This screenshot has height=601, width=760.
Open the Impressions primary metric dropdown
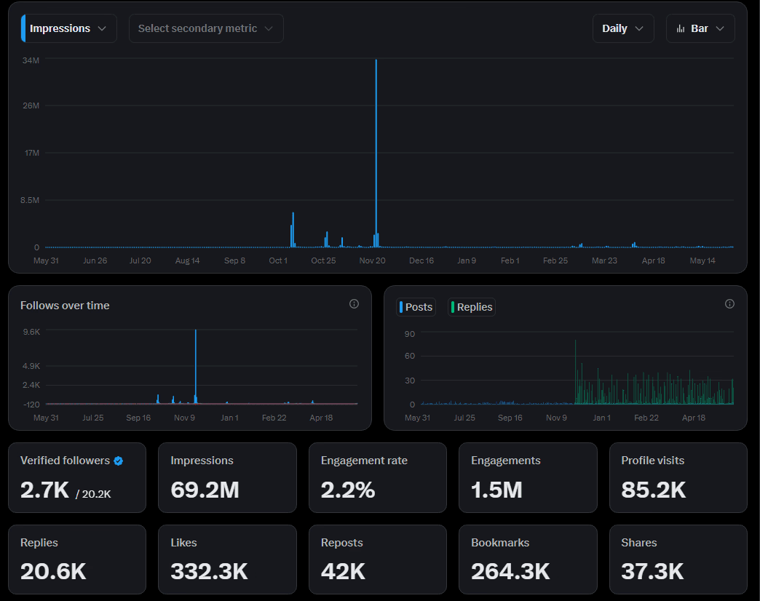(x=69, y=28)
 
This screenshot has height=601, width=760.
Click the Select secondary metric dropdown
(x=206, y=28)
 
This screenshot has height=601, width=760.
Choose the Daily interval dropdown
(x=623, y=28)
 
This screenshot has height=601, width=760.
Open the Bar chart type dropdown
(x=700, y=28)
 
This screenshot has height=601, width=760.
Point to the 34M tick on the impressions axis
(x=31, y=60)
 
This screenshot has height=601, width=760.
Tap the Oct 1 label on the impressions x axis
(x=278, y=260)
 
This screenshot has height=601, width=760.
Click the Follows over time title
(x=65, y=306)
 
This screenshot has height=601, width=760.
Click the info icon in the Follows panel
(x=354, y=304)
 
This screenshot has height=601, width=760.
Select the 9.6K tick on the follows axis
(x=31, y=332)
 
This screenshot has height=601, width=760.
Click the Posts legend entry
(x=416, y=307)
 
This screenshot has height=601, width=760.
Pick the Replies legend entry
(x=472, y=307)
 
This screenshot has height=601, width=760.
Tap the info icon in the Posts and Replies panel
(x=729, y=304)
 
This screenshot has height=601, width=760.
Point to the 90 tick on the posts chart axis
(x=410, y=334)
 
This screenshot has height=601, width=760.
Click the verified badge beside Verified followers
(x=119, y=461)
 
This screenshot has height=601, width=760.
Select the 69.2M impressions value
(x=205, y=490)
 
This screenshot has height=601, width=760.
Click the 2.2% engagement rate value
(x=348, y=490)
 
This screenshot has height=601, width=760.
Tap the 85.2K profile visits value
(x=653, y=490)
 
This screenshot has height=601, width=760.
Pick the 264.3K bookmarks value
(x=510, y=571)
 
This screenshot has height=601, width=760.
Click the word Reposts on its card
(x=341, y=543)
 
